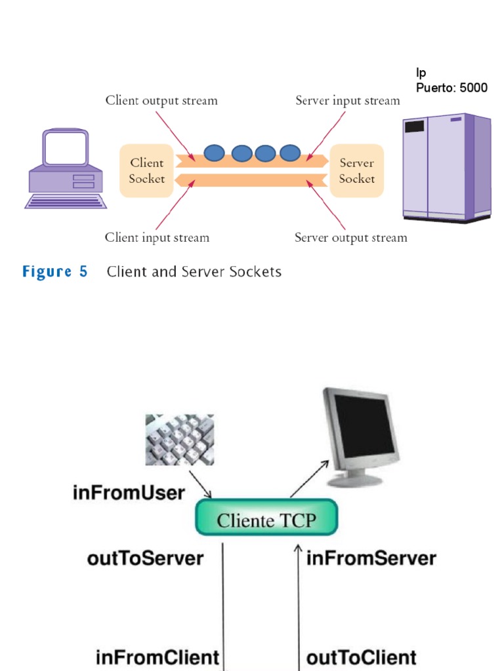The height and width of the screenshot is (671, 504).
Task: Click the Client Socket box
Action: pyautogui.click(x=146, y=171)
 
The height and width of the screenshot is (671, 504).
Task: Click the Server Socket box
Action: pyautogui.click(x=356, y=171)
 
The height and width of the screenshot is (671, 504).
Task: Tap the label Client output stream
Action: pyautogui.click(x=161, y=101)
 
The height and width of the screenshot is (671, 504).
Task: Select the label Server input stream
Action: pyautogui.click(x=347, y=101)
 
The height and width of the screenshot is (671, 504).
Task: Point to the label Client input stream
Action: pyautogui.click(x=157, y=238)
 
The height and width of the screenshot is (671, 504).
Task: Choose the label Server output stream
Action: pyautogui.click(x=350, y=238)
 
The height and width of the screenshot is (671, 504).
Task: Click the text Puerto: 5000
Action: pyautogui.click(x=451, y=88)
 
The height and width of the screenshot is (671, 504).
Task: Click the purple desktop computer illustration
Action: pyautogui.click(x=66, y=168)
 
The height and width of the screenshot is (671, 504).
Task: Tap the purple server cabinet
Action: pyautogui.click(x=446, y=168)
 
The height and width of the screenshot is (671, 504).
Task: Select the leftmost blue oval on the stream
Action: pyautogui.click(x=213, y=153)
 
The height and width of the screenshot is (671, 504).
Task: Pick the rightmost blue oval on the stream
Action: pyautogui.click(x=289, y=153)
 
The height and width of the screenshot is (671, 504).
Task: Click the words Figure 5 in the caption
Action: pyautogui.click(x=55, y=272)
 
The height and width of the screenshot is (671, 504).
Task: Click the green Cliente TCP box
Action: pyautogui.click(x=266, y=521)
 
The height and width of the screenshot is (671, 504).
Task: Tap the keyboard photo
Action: pyautogui.click(x=179, y=440)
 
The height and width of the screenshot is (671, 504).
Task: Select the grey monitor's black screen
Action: pyautogui.click(x=365, y=426)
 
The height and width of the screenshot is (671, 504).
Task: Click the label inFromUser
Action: pyautogui.click(x=129, y=493)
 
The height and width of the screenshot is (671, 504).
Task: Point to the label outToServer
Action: pyautogui.click(x=145, y=559)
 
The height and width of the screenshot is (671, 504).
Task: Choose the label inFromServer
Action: pyautogui.click(x=371, y=559)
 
